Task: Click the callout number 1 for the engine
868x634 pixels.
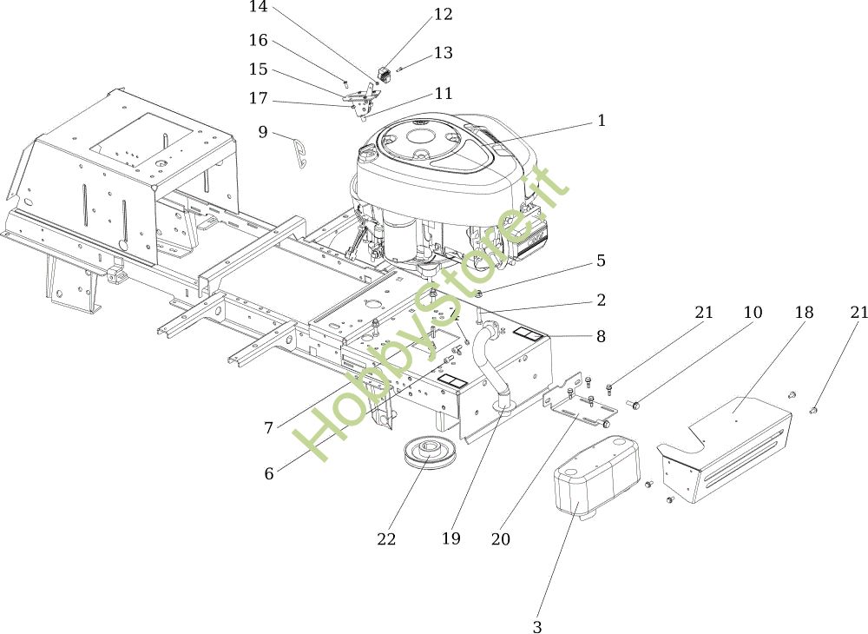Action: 602,120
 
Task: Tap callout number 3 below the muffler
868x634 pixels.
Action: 537,626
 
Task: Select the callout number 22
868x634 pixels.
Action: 386,538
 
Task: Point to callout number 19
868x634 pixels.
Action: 451,538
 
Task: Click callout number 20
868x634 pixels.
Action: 501,538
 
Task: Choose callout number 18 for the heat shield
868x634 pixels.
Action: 804,313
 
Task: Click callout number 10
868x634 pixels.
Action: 753,313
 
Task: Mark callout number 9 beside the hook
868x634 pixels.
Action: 263,132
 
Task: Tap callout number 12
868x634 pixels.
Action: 443,14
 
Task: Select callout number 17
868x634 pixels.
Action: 258,98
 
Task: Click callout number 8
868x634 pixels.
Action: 602,336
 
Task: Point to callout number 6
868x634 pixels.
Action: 269,473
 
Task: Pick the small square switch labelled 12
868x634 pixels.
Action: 385,74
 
